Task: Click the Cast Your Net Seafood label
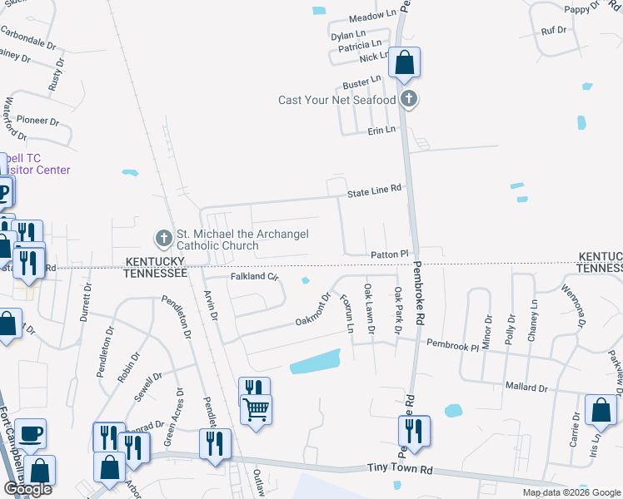(x=337, y=101)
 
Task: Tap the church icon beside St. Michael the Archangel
(x=163, y=239)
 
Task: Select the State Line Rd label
(x=374, y=190)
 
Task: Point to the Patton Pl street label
(x=389, y=254)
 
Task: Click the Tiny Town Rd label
(x=401, y=470)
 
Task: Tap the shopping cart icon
(x=255, y=408)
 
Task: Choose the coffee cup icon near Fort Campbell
(x=31, y=433)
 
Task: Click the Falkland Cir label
(x=253, y=276)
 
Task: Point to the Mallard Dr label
(x=526, y=388)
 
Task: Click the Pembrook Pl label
(x=452, y=343)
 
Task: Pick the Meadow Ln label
(x=372, y=16)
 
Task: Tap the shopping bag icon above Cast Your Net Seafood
(x=404, y=63)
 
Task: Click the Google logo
(x=28, y=489)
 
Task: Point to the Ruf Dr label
(x=553, y=30)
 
